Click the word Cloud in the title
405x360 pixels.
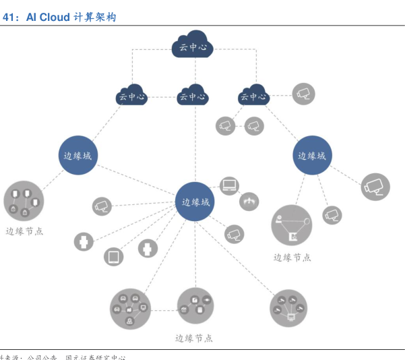pos(55,17)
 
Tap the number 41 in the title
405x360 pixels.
pos(9,17)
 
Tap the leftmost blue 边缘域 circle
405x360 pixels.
pos(77,155)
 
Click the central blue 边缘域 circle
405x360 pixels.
pos(195,201)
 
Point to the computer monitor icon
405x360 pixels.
pos(230,185)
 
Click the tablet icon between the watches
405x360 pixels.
pos(113,256)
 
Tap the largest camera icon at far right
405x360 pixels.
pos(375,187)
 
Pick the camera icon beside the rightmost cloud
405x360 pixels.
pos(303,93)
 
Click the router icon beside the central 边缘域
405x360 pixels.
pos(249,200)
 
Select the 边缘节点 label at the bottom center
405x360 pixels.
pos(194,338)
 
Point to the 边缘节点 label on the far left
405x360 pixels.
pos(24,231)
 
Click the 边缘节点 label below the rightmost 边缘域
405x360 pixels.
pos(292,257)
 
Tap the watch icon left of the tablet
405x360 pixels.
pos(84,241)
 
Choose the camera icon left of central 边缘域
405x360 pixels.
pos(102,206)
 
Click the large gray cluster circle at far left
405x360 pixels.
pos(24,200)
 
